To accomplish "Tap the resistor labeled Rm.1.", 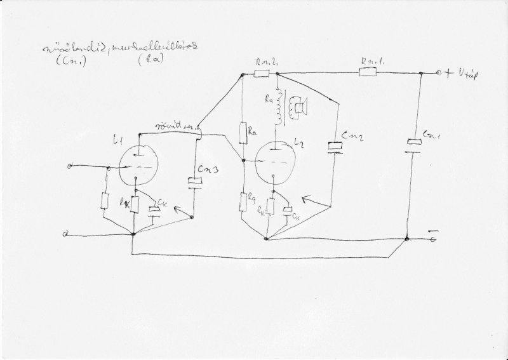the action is coord(368,73).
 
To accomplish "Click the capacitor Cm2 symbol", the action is coord(335,147).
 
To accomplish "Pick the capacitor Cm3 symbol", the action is coord(195,182).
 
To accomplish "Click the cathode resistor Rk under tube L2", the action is coord(271,207).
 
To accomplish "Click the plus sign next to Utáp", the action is coord(449,74).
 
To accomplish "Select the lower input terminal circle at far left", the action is coord(66,234).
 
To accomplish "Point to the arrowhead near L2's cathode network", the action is coord(305,198).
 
